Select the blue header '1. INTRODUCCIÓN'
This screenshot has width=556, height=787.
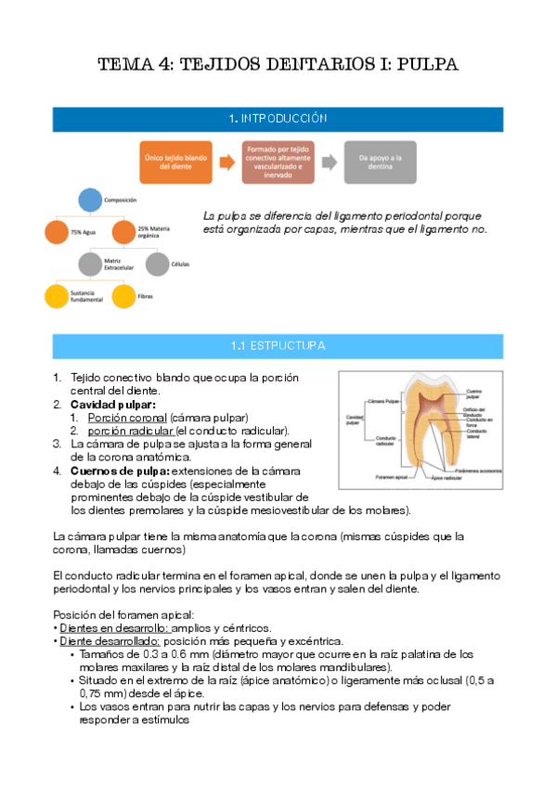click(x=278, y=119)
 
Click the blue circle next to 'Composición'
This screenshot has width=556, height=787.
click(x=89, y=199)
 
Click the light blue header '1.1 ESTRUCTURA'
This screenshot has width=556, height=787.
click(x=278, y=346)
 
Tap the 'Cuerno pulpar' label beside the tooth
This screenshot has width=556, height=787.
click(x=473, y=393)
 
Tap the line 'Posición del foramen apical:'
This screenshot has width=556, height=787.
click(x=124, y=614)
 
